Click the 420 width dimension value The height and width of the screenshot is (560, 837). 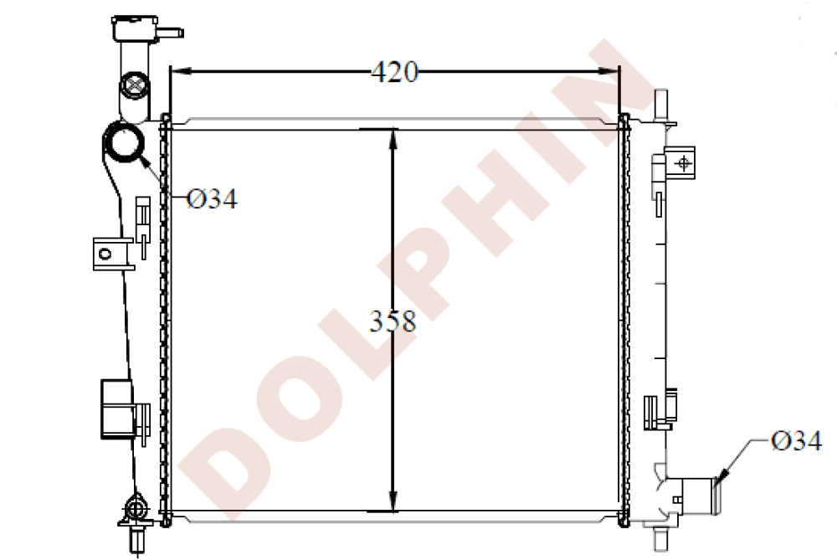pos(394,73)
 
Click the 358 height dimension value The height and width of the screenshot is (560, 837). pos(393,321)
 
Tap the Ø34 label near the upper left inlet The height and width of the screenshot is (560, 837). pos(212,198)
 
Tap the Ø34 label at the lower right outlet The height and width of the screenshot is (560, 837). pos(796,440)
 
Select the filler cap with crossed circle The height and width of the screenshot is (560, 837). pos(134,85)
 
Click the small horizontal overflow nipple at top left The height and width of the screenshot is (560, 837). pos(171,33)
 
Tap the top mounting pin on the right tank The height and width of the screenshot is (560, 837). pos(662,102)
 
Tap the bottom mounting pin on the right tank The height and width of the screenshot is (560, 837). pos(660,537)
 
